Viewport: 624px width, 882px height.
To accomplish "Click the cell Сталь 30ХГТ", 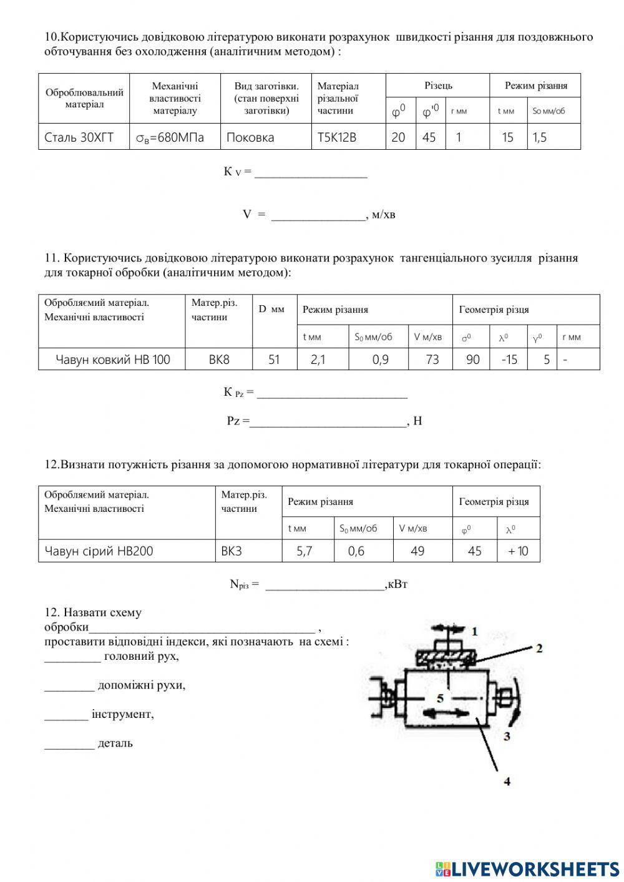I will [x=79, y=137].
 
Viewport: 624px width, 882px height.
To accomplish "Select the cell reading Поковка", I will [x=250, y=137].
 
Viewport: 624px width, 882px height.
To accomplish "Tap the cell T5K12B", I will [x=337, y=137].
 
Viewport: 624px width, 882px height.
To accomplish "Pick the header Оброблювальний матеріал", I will [x=84, y=98].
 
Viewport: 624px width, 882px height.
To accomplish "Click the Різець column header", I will [x=438, y=86].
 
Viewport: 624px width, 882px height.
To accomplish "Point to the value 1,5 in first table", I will [x=540, y=137].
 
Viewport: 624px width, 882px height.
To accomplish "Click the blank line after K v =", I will [x=311, y=173].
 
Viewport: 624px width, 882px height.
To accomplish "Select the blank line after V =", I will [x=318, y=216].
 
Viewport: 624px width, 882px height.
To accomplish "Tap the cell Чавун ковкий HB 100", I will [x=112, y=360].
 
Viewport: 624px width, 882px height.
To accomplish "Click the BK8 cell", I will [x=219, y=360].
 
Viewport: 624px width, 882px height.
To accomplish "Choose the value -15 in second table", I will [x=509, y=360].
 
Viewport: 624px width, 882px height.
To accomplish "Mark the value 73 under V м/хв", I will [x=432, y=360].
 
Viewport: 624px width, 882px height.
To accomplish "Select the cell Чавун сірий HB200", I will [x=99, y=551].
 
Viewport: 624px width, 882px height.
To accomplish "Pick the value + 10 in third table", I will [x=518, y=551].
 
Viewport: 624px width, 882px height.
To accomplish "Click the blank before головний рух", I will [x=72, y=657].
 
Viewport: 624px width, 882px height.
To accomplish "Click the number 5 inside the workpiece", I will [x=440, y=697].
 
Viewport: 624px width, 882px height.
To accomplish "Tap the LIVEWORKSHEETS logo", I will [x=527, y=868].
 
